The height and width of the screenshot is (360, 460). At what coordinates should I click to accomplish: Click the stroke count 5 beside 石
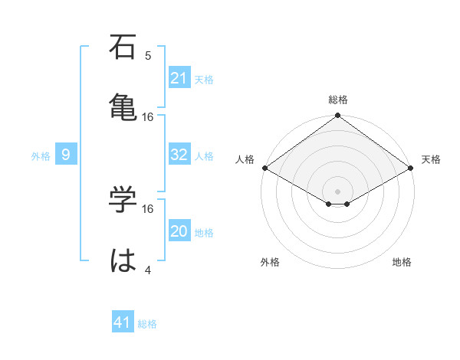148,56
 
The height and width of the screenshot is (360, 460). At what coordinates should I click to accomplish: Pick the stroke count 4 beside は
148,270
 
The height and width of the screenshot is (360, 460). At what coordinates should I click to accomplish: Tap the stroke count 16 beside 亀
148,117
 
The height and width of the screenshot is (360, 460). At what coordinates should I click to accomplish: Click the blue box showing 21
179,78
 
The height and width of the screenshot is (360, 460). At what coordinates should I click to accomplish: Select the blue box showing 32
179,155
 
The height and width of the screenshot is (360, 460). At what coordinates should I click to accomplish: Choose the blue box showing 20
179,231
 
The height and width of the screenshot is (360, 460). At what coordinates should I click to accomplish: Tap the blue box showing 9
66,155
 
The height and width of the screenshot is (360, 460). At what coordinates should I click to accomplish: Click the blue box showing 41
123,322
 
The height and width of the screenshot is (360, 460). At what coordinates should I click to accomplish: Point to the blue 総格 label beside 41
147,323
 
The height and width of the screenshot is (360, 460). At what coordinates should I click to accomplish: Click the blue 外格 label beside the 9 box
41,155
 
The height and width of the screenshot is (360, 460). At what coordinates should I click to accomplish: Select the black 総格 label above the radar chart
338,100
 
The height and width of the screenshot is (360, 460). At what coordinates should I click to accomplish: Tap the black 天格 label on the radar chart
431,159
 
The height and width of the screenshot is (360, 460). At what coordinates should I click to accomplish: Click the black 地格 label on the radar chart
402,262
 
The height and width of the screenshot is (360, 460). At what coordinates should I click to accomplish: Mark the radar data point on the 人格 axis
264,168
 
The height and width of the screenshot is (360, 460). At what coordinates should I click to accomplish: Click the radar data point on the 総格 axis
338,116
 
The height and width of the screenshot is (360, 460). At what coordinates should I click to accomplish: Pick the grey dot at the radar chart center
338,191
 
